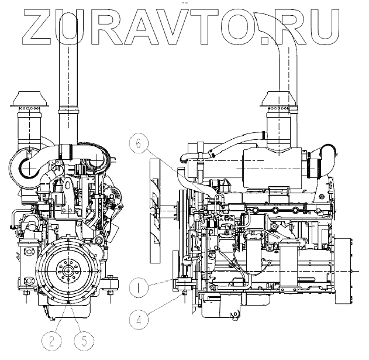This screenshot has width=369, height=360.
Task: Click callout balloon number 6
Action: pyautogui.click(x=139, y=143)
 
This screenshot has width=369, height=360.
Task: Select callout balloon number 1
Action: pyautogui.click(x=139, y=287)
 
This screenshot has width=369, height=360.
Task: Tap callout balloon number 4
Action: pyautogui.click(x=139, y=320)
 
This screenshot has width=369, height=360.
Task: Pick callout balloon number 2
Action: pyautogui.click(x=51, y=341)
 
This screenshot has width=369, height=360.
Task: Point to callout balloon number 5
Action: pyautogui.click(x=84, y=341)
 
